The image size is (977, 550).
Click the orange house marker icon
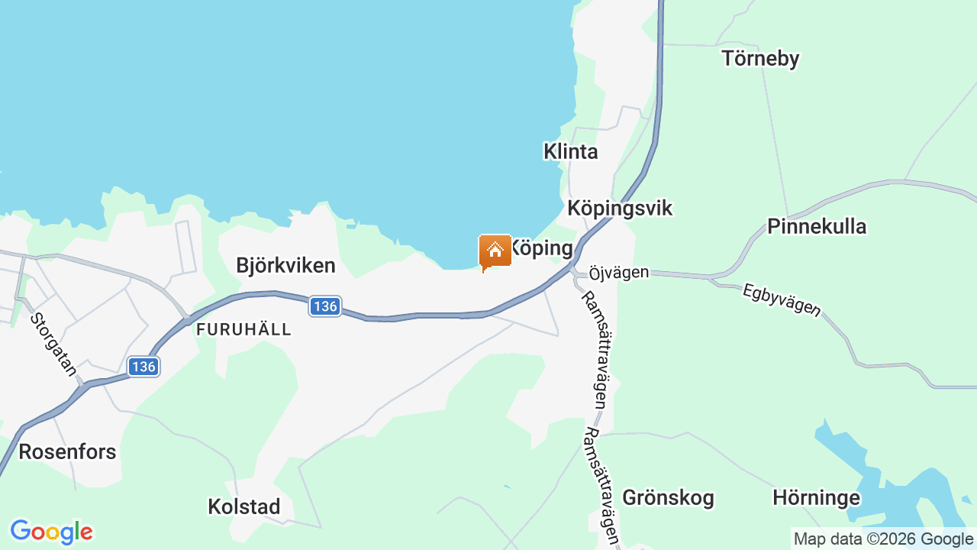click(495, 251)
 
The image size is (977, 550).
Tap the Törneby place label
click(760, 59)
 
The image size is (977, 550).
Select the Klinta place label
click(570, 151)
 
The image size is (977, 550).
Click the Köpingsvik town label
click(620, 209)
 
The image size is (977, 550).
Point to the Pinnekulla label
click(817, 227)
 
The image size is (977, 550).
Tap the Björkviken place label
click(285, 266)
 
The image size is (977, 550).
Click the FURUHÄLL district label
click(244, 329)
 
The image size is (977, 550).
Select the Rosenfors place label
click(67, 451)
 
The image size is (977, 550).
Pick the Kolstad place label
click(244, 506)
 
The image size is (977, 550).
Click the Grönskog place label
click(668, 498)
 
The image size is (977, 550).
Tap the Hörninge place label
click(816, 498)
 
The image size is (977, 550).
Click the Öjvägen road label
click(619, 272)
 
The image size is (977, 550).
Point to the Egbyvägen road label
click(782, 299)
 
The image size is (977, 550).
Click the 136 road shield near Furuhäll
click(325, 306)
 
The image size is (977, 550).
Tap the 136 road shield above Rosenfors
click(143, 367)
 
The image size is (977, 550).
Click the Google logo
click(51, 532)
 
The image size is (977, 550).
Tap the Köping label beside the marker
click(542, 248)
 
